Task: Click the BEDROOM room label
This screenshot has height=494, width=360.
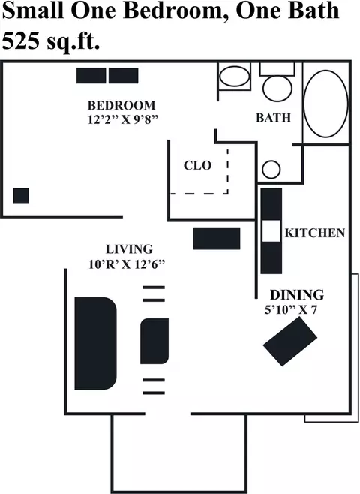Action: click(x=121, y=105)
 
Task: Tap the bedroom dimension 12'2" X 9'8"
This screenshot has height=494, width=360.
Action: click(x=122, y=119)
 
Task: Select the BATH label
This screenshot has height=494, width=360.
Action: click(x=274, y=118)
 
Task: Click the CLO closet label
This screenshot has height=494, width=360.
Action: click(x=197, y=165)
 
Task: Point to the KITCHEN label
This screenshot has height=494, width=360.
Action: click(x=315, y=233)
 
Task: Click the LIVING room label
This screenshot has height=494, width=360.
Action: click(x=129, y=249)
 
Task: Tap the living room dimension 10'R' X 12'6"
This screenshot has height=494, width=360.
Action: click(x=127, y=264)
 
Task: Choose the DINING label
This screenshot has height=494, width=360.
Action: click(x=297, y=294)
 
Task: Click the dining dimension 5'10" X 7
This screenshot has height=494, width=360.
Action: click(x=291, y=310)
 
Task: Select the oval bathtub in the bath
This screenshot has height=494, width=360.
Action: click(x=326, y=104)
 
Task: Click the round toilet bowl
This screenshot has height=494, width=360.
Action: click(x=277, y=88)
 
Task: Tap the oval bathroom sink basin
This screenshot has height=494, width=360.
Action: click(x=235, y=77)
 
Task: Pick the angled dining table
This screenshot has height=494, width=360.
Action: click(x=289, y=342)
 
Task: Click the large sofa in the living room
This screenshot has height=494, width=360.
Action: click(x=96, y=343)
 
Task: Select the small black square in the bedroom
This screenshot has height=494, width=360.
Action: click(x=21, y=196)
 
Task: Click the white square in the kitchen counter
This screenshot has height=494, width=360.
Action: click(x=271, y=231)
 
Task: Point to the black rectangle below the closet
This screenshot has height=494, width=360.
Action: click(x=217, y=239)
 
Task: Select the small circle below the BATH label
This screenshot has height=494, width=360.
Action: click(x=271, y=170)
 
